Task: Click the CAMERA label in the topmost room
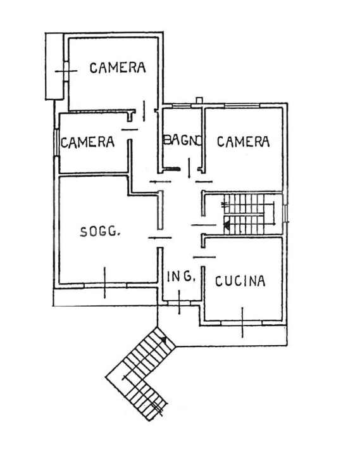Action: (118, 67)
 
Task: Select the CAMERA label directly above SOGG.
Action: (87, 142)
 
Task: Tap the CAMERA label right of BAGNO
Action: (243, 142)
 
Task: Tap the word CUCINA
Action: (240, 281)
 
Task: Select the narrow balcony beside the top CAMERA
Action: (54, 66)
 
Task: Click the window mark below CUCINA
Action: (242, 322)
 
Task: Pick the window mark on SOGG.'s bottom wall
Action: (105, 284)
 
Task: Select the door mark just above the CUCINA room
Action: (204, 256)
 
